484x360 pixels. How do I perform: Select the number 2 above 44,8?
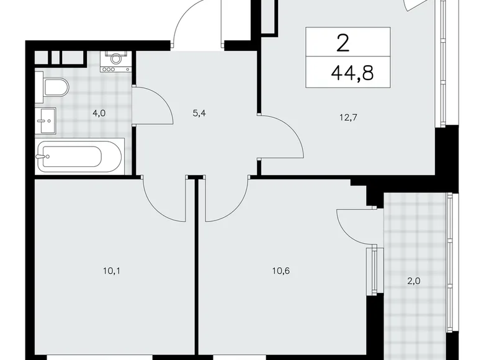click(x=341, y=43)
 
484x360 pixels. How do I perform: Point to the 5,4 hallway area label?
click(x=200, y=113)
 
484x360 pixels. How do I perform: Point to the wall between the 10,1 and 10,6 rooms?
click(x=197, y=273)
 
